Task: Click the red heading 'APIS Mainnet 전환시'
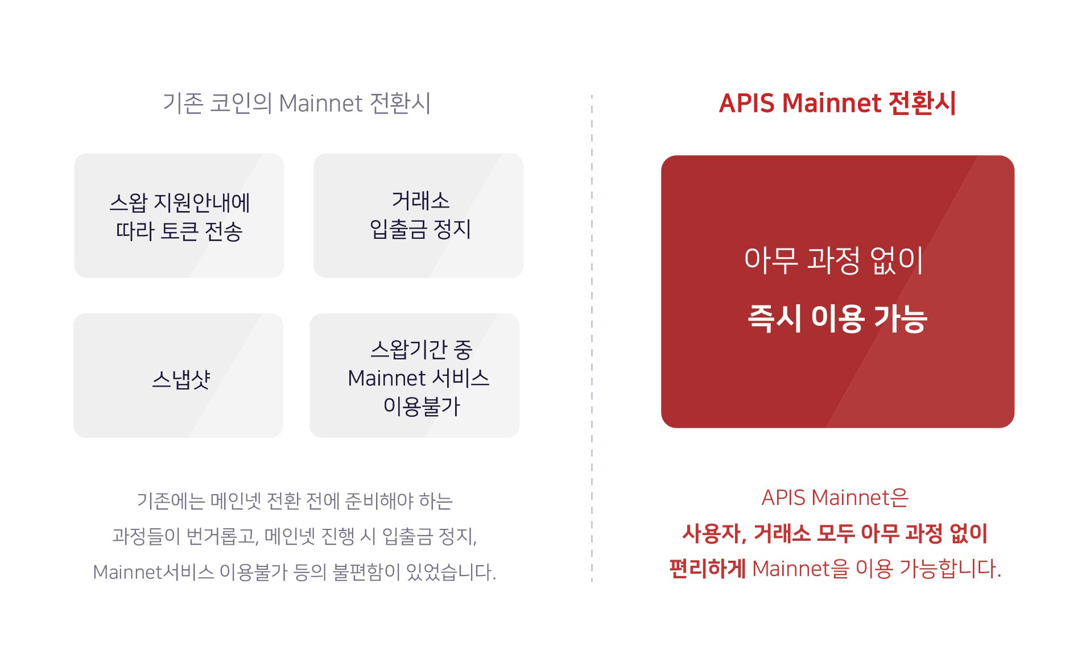tap(837, 103)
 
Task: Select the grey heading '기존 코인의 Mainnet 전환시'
tap(296, 103)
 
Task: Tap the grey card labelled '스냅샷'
tap(178, 375)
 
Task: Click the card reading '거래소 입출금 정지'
tap(418, 216)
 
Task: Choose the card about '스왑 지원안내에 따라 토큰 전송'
tap(179, 216)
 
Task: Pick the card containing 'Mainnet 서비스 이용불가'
tap(414, 375)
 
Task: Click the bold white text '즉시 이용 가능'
tap(837, 317)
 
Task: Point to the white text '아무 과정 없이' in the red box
tap(833, 260)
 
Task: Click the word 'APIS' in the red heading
tap(747, 103)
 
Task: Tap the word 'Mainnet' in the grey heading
tap(321, 103)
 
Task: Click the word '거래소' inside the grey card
tap(420, 200)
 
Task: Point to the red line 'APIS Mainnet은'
tap(835, 498)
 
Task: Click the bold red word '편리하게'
tap(707, 568)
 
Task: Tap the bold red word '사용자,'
tap(714, 533)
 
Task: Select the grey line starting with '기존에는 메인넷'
tap(295, 500)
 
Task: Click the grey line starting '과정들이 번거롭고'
tap(295, 536)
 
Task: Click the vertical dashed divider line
tap(592, 338)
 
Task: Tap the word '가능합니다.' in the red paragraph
tap(950, 569)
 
